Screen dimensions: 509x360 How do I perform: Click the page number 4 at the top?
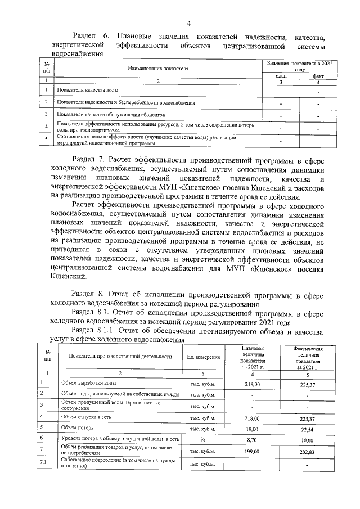point(188,23)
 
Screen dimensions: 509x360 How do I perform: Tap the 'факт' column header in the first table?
point(318,76)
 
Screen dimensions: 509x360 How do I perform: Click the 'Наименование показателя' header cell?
point(158,68)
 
